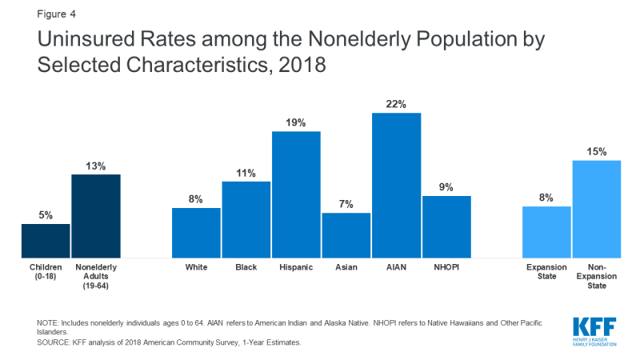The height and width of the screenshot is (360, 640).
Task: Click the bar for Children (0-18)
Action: click(46, 240)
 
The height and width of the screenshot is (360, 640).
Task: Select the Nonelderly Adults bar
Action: click(96, 215)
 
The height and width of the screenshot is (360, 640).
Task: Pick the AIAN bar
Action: click(396, 185)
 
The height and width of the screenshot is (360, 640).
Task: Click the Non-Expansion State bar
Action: click(596, 208)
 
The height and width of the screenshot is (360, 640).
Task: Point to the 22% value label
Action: click(396, 104)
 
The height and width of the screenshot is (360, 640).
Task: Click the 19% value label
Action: click(296, 122)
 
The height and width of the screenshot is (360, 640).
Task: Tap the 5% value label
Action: click(46, 214)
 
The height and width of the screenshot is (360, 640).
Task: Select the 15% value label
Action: click(596, 151)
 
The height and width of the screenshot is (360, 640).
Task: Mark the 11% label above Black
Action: click(246, 173)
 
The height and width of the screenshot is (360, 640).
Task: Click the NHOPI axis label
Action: click(446, 266)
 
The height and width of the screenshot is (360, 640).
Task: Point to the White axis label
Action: click(196, 266)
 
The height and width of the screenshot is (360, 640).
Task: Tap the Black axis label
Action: click(246, 266)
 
